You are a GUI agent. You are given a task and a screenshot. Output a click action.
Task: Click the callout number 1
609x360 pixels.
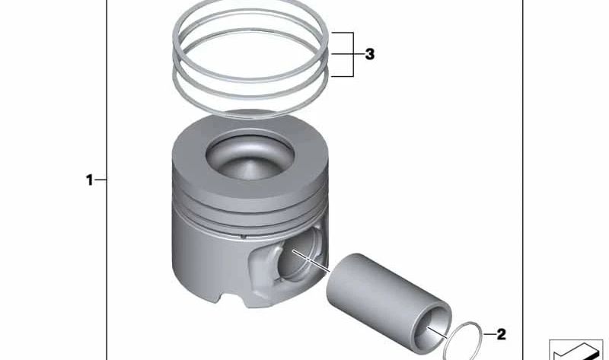point(89,180)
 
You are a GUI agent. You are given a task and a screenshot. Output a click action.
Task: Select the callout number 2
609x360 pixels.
point(502,334)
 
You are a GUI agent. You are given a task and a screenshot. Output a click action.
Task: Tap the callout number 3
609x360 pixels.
point(370,54)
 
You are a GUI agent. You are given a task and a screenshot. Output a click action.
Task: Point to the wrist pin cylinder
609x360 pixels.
point(389,304)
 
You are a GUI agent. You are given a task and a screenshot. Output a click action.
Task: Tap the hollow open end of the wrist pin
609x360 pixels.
point(432,328)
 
